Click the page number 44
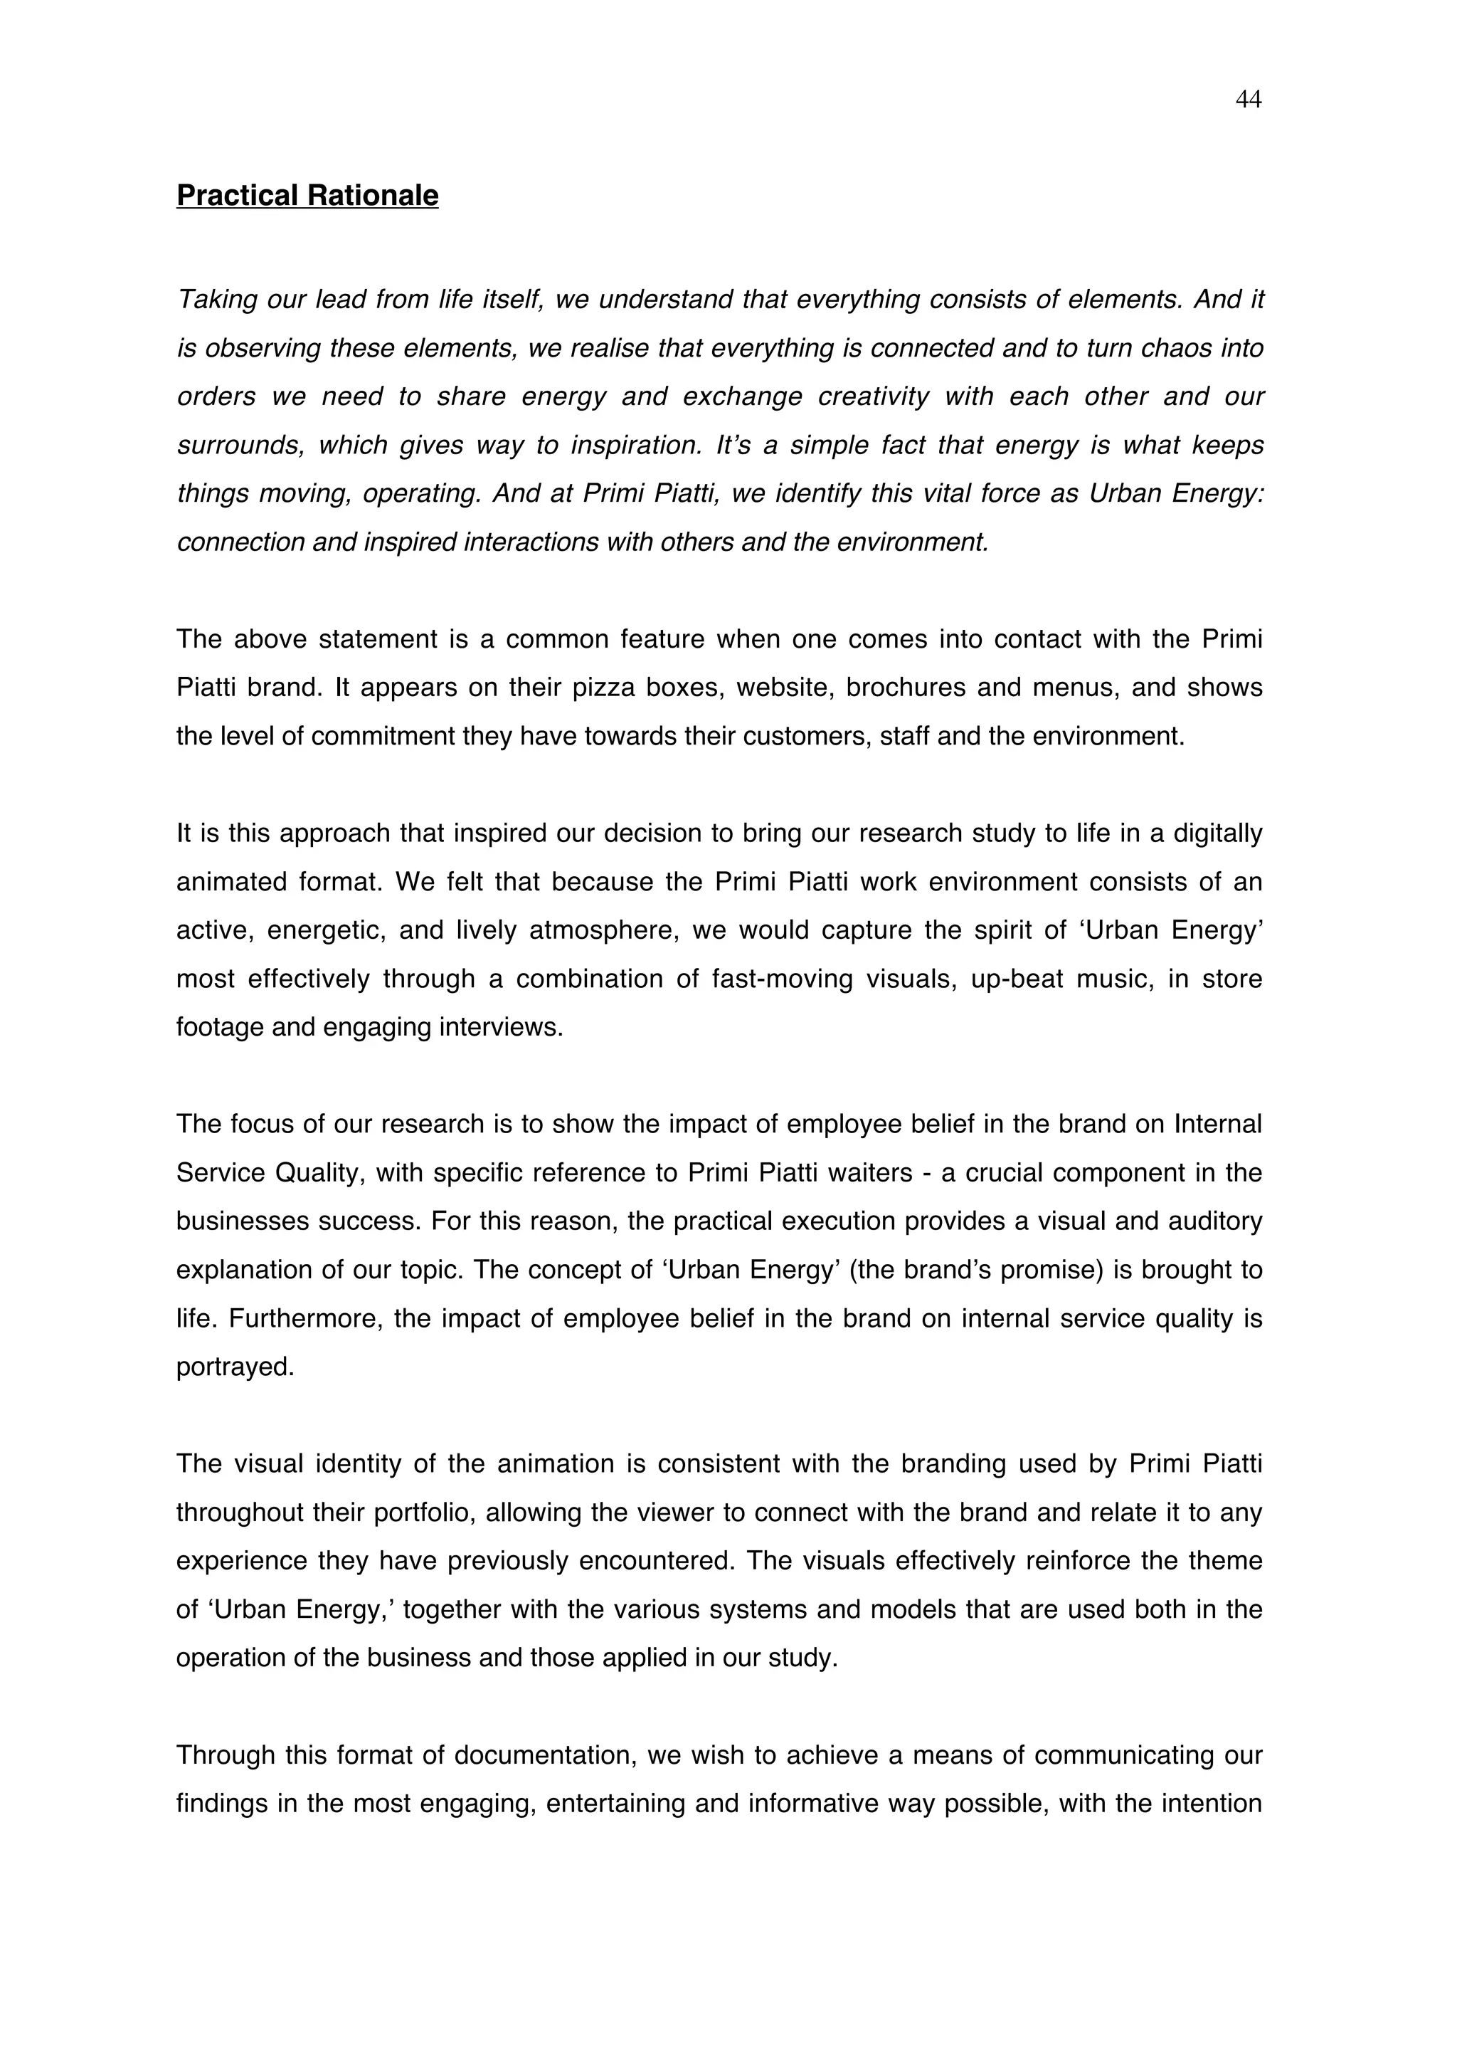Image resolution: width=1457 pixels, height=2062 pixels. [x=1248, y=100]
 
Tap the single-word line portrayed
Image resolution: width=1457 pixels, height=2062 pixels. [x=235, y=1367]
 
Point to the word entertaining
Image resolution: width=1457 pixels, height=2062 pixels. [x=616, y=1804]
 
